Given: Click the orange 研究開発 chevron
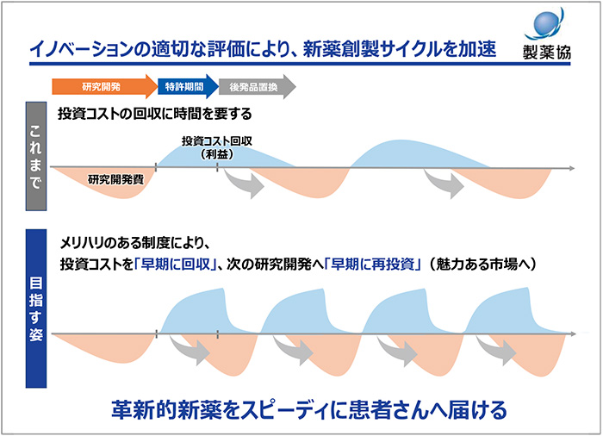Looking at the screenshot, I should (103, 86).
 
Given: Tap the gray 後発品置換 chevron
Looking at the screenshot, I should (257, 86).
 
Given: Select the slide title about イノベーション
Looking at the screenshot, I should (262, 48).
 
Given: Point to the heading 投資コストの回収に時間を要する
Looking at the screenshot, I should (154, 114).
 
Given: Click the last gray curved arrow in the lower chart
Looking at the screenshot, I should (500, 347).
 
